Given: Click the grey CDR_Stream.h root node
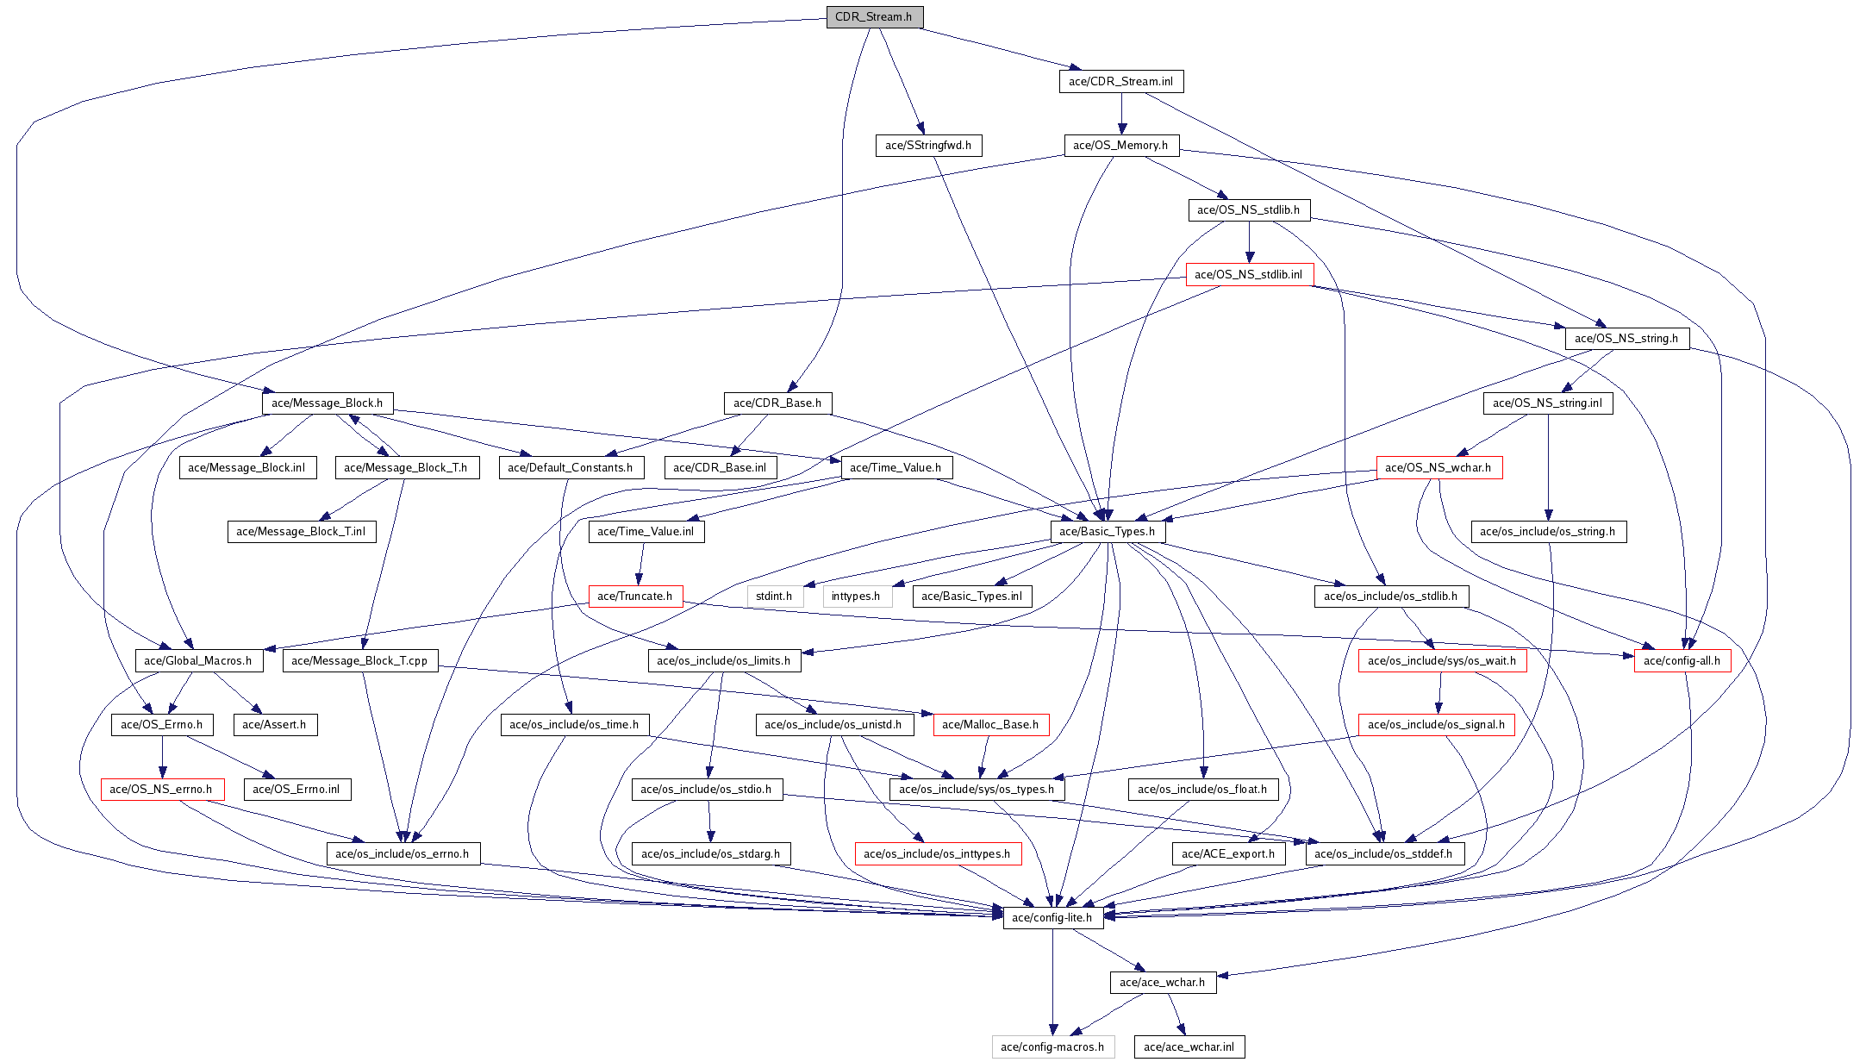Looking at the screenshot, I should click(x=874, y=17).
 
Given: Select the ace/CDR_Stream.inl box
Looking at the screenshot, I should click(x=1120, y=82).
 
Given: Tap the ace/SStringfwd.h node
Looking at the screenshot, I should click(x=927, y=146).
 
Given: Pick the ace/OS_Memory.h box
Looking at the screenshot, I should click(x=1120, y=146).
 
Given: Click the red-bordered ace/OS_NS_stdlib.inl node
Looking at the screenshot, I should click(x=1249, y=275).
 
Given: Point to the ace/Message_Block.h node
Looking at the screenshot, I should click(x=327, y=403).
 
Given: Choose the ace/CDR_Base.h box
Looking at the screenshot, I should click(x=777, y=403).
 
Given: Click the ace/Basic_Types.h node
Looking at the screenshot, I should click(x=1107, y=532).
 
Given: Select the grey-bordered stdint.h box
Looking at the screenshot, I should click(x=774, y=597).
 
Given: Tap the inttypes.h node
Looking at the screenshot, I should click(x=856, y=597).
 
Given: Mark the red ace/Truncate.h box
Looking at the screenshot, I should click(x=635, y=597).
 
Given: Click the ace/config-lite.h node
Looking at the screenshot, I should click(x=1052, y=918).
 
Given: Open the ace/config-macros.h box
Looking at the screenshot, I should click(x=1052, y=1047).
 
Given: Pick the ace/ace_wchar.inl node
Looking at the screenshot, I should click(x=1189, y=1047).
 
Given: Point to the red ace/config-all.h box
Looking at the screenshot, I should click(x=1682, y=661).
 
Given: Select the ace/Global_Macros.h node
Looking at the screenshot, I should click(x=197, y=661).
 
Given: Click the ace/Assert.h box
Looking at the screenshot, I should click(x=274, y=725).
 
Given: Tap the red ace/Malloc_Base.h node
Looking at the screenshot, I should click(x=990, y=725).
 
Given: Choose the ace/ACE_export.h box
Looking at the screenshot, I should click(x=1227, y=854).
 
